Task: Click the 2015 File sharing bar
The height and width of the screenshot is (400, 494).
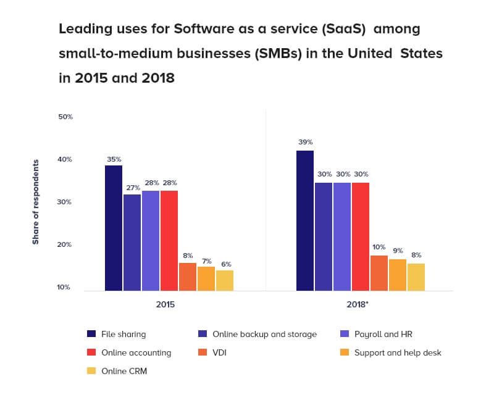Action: [x=114, y=228]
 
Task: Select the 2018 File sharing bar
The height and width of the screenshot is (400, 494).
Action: [x=305, y=220]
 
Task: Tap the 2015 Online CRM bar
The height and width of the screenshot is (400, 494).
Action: [x=225, y=280]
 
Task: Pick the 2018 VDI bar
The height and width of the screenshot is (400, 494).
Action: [x=379, y=273]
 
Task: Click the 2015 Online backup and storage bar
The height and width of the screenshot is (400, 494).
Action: [x=132, y=243]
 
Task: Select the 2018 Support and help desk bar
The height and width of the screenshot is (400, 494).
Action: [x=398, y=275]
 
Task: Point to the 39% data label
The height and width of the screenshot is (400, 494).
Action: [x=305, y=142]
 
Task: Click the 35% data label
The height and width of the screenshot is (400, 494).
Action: [x=114, y=159]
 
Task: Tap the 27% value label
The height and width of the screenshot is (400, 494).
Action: [x=132, y=187]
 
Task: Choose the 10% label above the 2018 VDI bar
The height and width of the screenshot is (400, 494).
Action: [x=379, y=248]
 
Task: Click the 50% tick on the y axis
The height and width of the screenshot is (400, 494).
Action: [x=65, y=117]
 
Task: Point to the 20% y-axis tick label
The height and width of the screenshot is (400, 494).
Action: [x=65, y=244]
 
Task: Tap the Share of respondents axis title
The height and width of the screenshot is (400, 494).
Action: [x=36, y=202]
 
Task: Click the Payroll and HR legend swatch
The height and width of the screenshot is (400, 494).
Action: [x=345, y=334]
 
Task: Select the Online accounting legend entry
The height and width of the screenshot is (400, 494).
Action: [x=136, y=353]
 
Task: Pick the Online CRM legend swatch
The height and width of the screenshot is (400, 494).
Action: [x=91, y=372]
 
